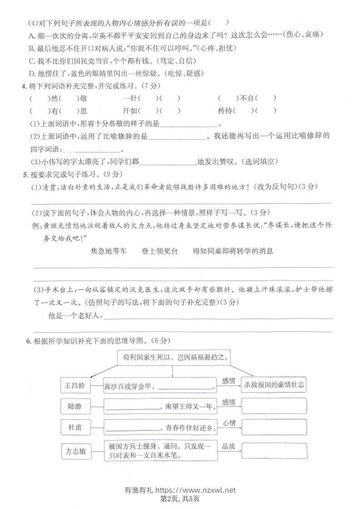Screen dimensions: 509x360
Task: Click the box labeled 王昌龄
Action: (75, 386)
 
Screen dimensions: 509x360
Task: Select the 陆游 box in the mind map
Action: (75, 406)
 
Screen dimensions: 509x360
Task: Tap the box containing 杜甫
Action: (75, 427)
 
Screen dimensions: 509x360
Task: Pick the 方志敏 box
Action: (75, 451)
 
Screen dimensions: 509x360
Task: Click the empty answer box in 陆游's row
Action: (274, 406)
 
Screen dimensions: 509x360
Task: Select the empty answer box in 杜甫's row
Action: (274, 427)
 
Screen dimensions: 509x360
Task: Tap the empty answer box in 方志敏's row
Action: (274, 450)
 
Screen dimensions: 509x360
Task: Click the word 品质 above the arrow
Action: (229, 446)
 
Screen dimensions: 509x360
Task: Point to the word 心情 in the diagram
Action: (229, 423)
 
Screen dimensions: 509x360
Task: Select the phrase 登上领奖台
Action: (159, 251)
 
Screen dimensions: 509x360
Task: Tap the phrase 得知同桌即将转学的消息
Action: (233, 251)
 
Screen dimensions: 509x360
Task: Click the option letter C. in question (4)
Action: (32, 60)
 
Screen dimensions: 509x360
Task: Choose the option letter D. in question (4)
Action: (32, 73)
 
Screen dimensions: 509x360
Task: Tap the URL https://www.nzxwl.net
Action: (196, 490)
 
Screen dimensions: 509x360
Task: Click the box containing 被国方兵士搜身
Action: (160, 450)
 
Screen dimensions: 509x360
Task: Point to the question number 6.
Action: (28, 341)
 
